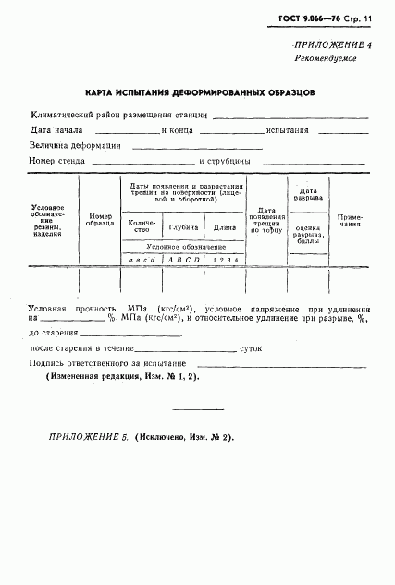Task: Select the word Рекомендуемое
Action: tap(326, 58)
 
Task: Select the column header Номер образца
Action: tap(99, 220)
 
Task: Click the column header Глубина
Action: tap(182, 226)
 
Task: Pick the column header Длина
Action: tap(225, 226)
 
